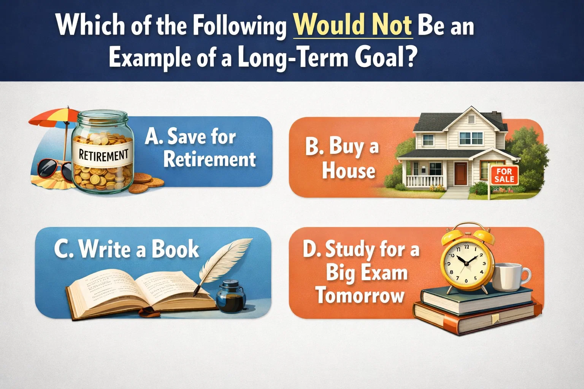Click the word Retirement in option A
click(x=209, y=159)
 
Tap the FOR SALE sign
click(x=504, y=176)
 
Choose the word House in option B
click(x=348, y=171)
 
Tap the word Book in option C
click(x=175, y=249)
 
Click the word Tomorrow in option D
click(x=360, y=296)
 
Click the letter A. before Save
click(x=154, y=136)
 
